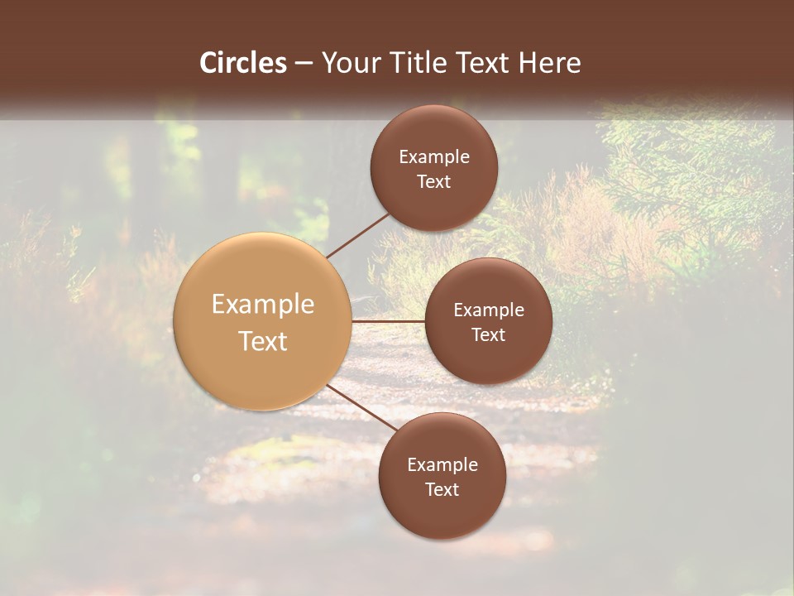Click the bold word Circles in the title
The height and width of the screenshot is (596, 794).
point(242,63)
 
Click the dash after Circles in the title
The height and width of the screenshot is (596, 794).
point(303,64)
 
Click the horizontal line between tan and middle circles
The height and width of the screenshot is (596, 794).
point(389,320)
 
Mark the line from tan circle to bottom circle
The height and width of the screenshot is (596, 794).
point(361,408)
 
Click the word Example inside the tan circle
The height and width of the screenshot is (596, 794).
point(263,304)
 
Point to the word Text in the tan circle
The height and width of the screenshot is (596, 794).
point(263,341)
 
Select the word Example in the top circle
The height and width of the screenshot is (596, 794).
point(434,156)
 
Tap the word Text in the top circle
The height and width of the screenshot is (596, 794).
point(434,181)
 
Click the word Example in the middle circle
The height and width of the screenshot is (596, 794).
point(489,310)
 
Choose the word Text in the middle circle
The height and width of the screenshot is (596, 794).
point(489,334)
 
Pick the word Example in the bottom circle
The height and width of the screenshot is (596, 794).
point(442,464)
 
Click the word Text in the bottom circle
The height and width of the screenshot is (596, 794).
point(442,489)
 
